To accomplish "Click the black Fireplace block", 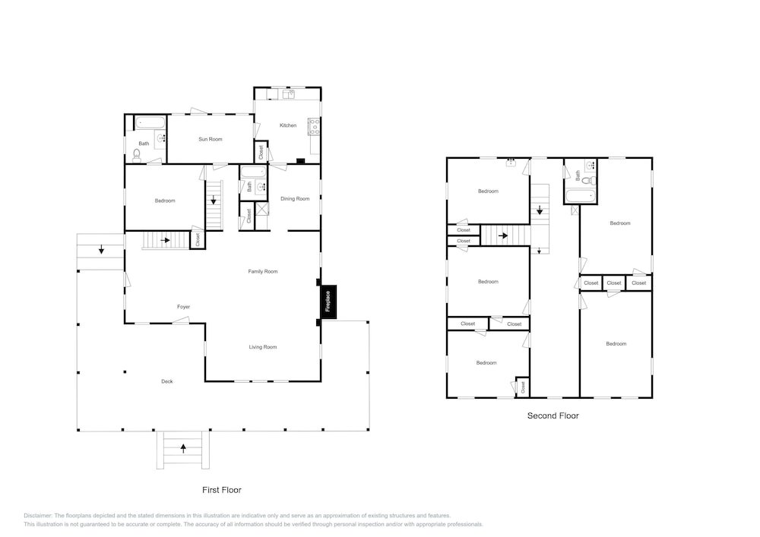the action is click(x=328, y=302).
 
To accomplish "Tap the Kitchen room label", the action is click(x=288, y=125).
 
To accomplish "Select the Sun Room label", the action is click(x=211, y=140).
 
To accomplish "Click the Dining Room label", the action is click(x=295, y=198).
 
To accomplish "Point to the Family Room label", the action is click(x=263, y=272).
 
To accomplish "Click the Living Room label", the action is click(x=263, y=347).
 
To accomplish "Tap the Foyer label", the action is click(x=183, y=307).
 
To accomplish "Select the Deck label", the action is click(x=166, y=381).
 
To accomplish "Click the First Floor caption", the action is click(x=221, y=490).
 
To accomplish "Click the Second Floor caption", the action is click(x=553, y=415).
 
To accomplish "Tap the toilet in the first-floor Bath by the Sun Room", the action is click(x=137, y=156).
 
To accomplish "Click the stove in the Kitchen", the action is click(x=314, y=126).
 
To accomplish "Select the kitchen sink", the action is click(x=288, y=94).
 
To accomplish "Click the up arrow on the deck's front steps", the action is click(x=183, y=448).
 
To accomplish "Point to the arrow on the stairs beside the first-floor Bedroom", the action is click(x=214, y=199).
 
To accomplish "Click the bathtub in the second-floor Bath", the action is click(x=580, y=197).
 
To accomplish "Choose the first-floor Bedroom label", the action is click(x=165, y=201).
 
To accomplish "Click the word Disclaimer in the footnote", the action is click(x=38, y=516).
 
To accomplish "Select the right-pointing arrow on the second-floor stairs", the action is click(x=504, y=235).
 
